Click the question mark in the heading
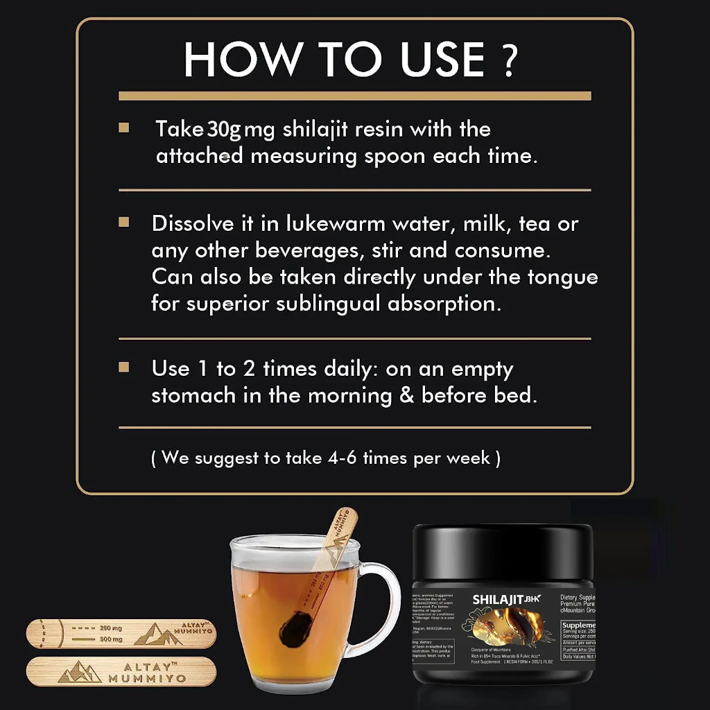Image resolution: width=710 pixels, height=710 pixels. [x=509, y=60]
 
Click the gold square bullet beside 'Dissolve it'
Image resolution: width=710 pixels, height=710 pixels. [x=124, y=223]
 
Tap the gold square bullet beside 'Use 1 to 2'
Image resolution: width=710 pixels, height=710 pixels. [x=124, y=367]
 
